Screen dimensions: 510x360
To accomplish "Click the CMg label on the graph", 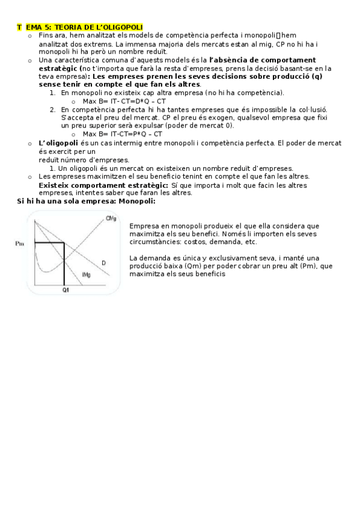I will [111, 218].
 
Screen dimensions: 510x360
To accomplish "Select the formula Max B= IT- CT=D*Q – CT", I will [124, 101].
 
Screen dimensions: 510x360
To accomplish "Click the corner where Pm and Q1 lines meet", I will [64, 242].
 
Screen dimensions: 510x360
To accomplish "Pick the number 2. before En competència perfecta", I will [53, 109].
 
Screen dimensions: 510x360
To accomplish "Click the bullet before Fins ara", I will [28, 36].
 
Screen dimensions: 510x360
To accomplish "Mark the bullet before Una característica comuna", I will [28, 60].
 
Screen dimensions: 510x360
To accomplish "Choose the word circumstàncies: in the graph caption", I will [158, 242].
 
